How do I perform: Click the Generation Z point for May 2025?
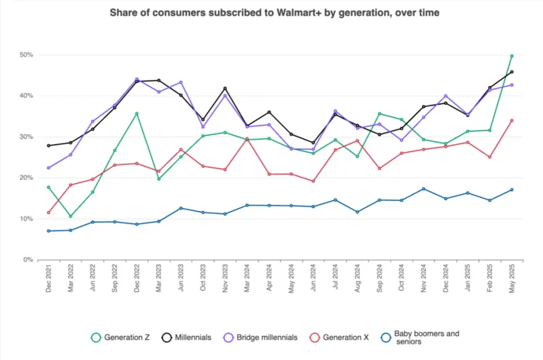[512, 56]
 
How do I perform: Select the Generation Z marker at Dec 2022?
[137, 113]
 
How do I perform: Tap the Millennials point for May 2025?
[512, 72]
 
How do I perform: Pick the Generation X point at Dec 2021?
[48, 213]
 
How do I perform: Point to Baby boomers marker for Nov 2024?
[424, 189]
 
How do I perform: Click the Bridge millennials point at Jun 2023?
[181, 82]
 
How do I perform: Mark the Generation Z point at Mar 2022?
[71, 216]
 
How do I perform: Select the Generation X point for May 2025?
[512, 120]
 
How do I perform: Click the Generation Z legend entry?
[120, 337]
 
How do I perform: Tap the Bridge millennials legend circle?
[229, 337]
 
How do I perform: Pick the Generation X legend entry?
[340, 337]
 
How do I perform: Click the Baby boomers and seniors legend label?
[427, 337]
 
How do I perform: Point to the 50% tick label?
[26, 55]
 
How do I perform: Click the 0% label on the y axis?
[28, 259]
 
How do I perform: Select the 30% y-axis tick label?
[26, 137]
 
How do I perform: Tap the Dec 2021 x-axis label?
[48, 279]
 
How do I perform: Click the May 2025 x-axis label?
[512, 279]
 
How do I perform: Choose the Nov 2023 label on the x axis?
[225, 279]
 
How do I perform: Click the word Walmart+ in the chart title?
[299, 13]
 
